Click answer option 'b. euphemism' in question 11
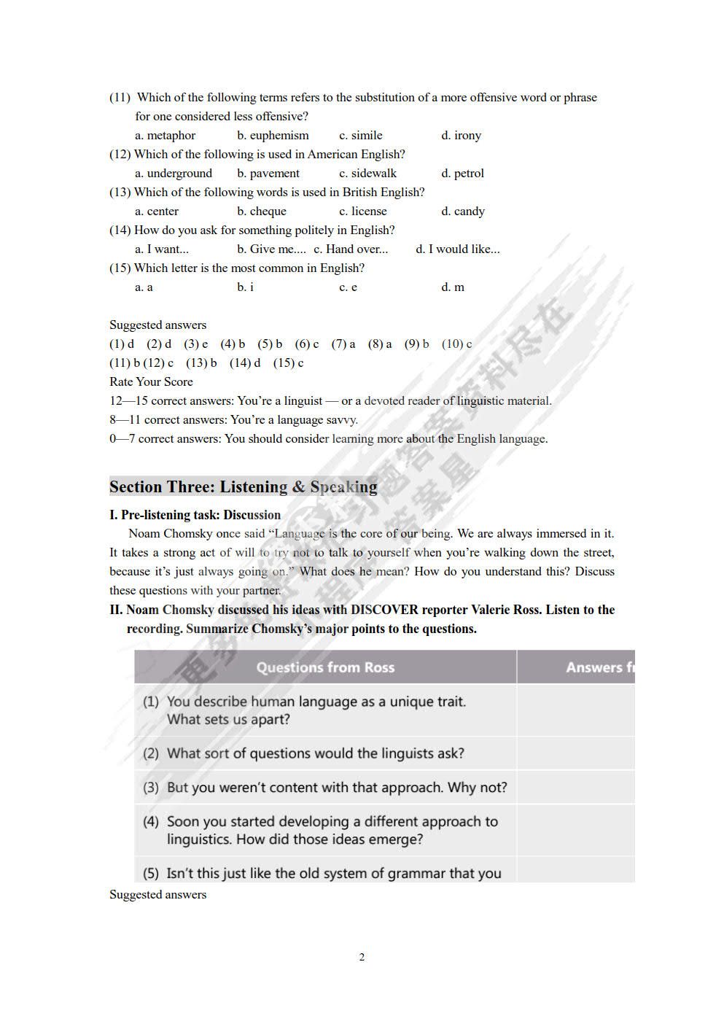coord(273,136)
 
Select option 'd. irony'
coord(461,136)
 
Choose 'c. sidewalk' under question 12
coord(367,174)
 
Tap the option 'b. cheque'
coord(262,212)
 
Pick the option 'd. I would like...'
coord(458,249)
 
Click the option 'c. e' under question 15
coord(348,287)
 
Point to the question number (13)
coord(120,193)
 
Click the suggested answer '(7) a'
coord(343,344)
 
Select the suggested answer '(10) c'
coord(456,344)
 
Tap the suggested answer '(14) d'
coord(245,363)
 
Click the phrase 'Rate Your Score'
coord(151,382)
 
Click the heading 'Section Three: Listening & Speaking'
coord(244,487)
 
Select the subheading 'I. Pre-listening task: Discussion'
coord(195,515)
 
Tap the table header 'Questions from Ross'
coord(325,667)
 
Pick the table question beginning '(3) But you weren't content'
coord(324,788)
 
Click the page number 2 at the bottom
coord(362,958)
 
